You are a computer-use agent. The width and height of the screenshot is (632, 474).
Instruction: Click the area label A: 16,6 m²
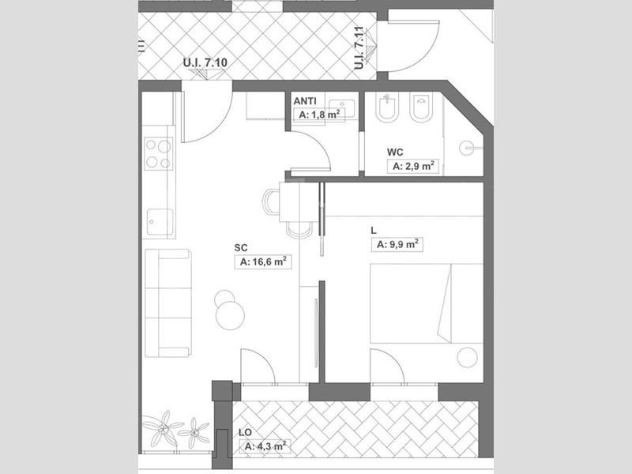263,262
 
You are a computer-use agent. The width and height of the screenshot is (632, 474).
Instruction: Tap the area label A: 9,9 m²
397,245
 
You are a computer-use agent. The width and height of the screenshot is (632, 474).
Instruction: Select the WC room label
395,152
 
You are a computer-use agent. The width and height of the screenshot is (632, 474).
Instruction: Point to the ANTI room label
305,101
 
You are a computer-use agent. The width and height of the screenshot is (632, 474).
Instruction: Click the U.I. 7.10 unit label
205,62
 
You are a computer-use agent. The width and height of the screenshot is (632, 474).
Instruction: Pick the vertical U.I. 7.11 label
359,48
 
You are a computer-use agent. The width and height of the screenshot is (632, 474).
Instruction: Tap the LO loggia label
245,432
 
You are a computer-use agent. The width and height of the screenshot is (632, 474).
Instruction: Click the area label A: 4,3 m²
265,446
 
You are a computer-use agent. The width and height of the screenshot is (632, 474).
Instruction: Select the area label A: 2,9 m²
413,166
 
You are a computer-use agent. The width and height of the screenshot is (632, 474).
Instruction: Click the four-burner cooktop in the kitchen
159,153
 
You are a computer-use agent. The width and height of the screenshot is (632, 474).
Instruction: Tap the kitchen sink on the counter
160,221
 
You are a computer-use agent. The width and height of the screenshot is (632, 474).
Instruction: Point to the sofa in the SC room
168,303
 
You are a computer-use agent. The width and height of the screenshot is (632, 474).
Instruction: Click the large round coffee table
230,315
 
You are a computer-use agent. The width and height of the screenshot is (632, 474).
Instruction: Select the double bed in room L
427,303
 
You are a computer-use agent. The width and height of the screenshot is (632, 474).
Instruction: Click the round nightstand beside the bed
467,357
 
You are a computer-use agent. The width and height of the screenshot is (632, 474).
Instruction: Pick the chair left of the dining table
271,202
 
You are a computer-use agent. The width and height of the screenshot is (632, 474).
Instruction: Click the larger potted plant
163,428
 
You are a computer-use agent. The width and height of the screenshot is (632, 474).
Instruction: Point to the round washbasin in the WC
467,148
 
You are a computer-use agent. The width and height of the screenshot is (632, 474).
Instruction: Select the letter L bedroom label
374,231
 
